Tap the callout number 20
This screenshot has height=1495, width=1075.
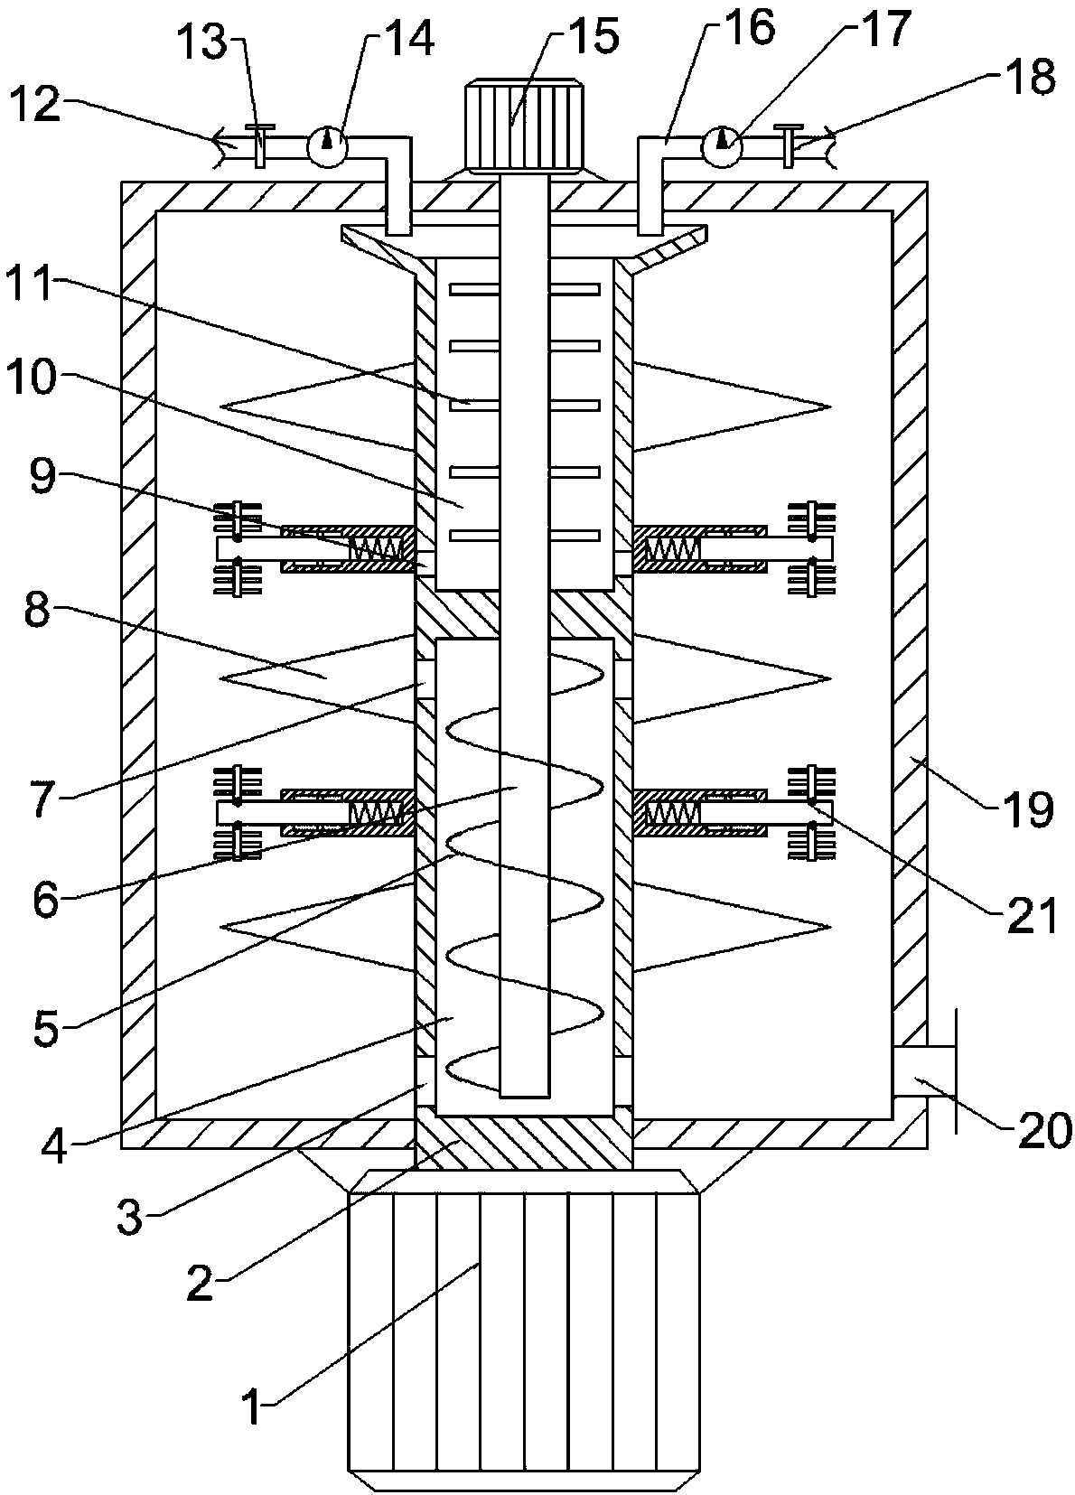[1045, 1129]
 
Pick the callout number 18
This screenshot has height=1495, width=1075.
[1029, 79]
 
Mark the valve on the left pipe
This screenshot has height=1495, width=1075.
[259, 145]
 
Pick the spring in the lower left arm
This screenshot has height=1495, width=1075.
[376, 814]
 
